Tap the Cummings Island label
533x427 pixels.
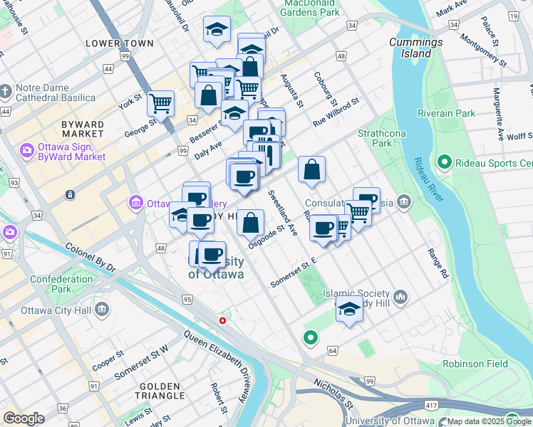[415, 48]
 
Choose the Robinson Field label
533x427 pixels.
[475, 364]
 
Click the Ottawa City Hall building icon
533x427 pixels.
[102, 310]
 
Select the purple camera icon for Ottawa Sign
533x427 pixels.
[27, 150]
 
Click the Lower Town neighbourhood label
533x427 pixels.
[119, 43]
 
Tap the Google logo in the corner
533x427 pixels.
[24, 418]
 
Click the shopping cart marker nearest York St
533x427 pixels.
[160, 103]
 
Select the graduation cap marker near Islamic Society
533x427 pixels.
[349, 310]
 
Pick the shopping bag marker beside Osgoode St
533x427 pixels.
[250, 222]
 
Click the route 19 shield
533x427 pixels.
[512, 16]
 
